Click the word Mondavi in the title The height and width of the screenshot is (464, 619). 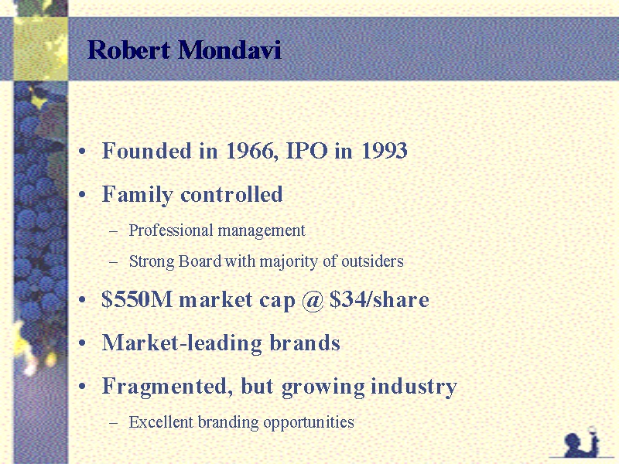pyautogui.click(x=230, y=50)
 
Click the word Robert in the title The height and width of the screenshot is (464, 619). pyautogui.click(x=129, y=50)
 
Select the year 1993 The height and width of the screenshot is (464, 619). pyautogui.click(x=384, y=151)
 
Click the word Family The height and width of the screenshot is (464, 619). pyautogui.click(x=138, y=195)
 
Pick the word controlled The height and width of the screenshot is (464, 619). pyautogui.click(x=231, y=194)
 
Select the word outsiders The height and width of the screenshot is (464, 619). pyautogui.click(x=372, y=261)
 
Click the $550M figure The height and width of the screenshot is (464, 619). pyautogui.click(x=137, y=299)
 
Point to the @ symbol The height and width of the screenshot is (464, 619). pyautogui.click(x=313, y=300)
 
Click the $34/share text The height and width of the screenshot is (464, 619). pyautogui.click(x=379, y=299)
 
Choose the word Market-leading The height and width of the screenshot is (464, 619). pyautogui.click(x=182, y=343)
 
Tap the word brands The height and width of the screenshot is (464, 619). pyautogui.click(x=305, y=342)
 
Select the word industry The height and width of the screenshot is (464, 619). pyautogui.click(x=414, y=387)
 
